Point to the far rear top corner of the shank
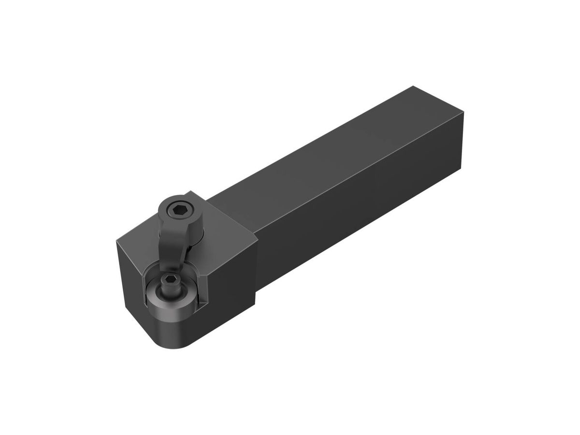pos(413,87)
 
